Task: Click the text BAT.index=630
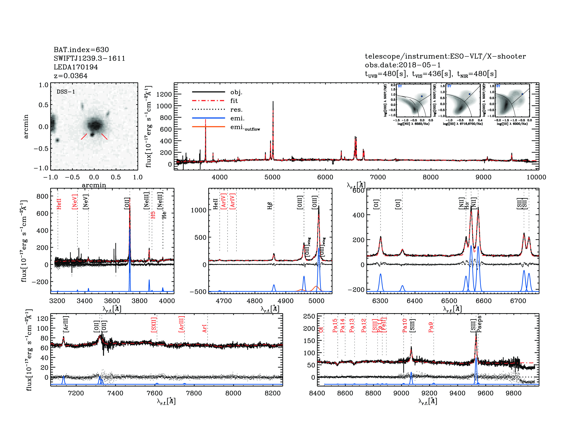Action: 81,50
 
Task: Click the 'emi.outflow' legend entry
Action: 245,127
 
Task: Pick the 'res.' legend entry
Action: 236,109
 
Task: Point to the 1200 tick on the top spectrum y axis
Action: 164,94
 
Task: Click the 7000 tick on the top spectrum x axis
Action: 378,177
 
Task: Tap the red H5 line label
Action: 153,215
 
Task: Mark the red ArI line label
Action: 205,328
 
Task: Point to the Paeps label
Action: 480,324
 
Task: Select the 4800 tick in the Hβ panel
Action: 255,301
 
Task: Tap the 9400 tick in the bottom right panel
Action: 458,393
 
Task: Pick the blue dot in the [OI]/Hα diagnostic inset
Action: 522,94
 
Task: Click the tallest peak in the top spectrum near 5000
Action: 273,102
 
